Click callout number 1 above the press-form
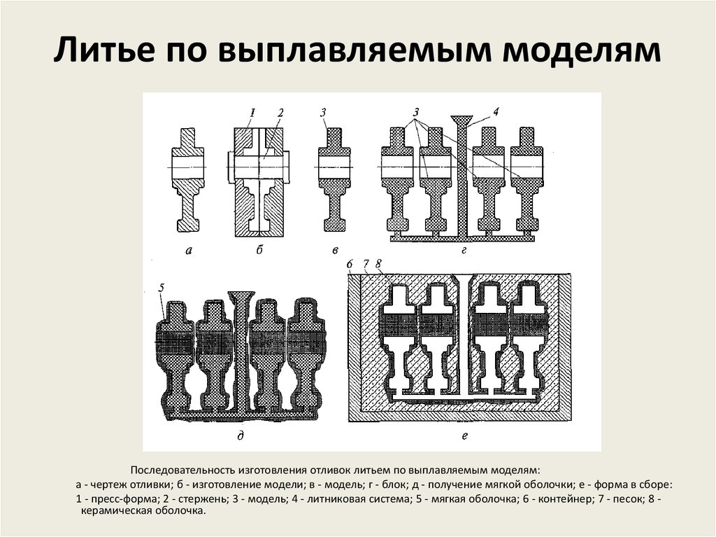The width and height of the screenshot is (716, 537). point(253,112)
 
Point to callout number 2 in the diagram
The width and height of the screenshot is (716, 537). point(280,112)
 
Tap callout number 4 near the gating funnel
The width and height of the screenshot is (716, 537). point(496,111)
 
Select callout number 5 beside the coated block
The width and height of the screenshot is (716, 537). point(162,287)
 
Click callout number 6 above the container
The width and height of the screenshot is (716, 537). point(350,264)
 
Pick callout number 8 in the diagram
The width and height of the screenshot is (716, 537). point(378,264)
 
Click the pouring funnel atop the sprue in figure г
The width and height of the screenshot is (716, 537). point(461,120)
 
